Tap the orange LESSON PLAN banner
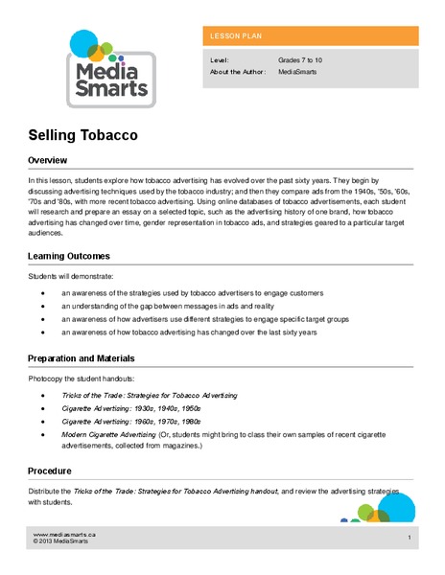pos(310,36)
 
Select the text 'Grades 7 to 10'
pos(300,59)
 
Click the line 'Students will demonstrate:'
pos(67,277)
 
